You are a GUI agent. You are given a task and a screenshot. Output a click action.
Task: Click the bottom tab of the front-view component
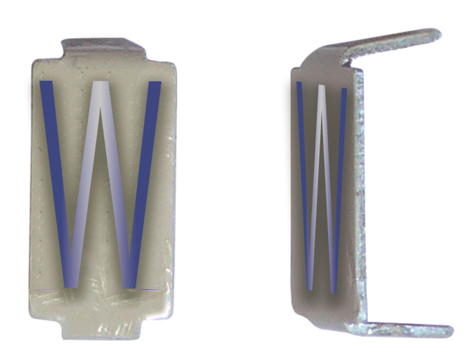point(105,328)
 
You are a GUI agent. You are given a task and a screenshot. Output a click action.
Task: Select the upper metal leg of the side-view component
point(393,45)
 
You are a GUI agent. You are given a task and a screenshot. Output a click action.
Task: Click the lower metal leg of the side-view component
point(407,328)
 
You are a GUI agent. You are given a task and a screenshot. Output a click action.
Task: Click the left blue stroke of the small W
point(304,182)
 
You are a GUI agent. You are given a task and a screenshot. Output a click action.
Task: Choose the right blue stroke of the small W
point(339,182)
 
